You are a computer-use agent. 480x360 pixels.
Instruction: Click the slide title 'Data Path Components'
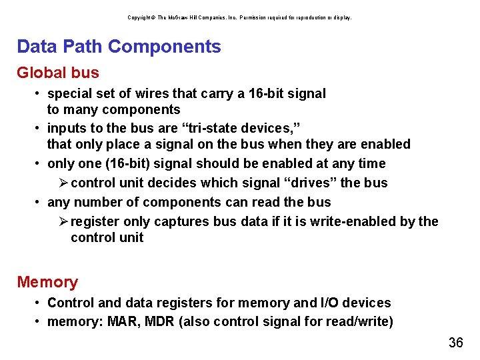click(119, 47)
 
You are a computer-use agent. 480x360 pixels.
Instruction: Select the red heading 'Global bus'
click(58, 73)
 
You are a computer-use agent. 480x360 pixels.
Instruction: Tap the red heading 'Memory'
click(47, 282)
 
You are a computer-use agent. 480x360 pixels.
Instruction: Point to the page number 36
click(456, 343)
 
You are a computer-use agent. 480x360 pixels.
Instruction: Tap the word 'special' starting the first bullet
click(70, 93)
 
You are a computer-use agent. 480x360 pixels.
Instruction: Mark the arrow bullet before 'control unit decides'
click(63, 183)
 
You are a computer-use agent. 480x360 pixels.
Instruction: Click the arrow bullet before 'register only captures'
click(63, 221)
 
